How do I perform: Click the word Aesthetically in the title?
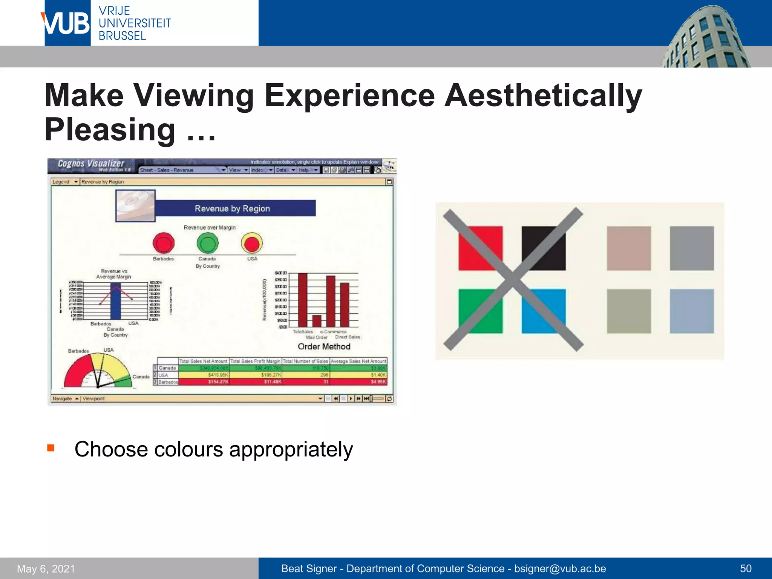click(543, 96)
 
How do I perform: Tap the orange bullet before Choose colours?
click(51, 448)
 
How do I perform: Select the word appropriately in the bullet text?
click(291, 449)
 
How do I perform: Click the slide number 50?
click(746, 568)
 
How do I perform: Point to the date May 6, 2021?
click(46, 568)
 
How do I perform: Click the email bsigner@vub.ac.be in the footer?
click(560, 568)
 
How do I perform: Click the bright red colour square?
click(480, 248)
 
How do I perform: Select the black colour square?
click(544, 248)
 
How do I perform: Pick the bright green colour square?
click(480, 311)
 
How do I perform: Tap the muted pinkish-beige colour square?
click(629, 248)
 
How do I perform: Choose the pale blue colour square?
click(692, 311)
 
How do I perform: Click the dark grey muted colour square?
click(692, 248)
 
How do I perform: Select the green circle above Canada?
click(207, 243)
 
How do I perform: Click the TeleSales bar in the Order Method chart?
click(303, 300)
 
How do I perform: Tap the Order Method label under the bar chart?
click(324, 346)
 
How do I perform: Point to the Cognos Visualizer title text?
click(91, 164)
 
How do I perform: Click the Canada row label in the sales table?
click(167, 368)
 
